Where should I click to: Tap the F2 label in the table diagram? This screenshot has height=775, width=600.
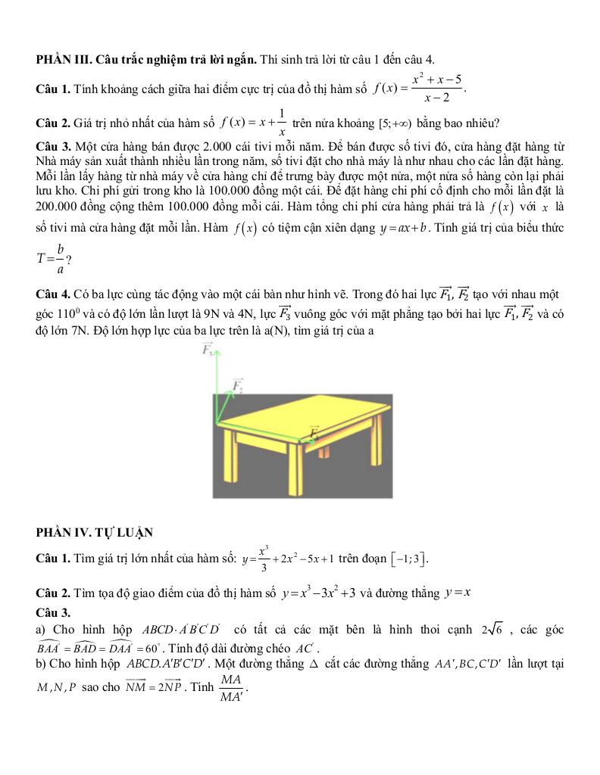(238, 385)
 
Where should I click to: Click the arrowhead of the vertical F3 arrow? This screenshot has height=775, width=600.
(217, 356)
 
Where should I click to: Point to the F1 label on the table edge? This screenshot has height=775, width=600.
(316, 432)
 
